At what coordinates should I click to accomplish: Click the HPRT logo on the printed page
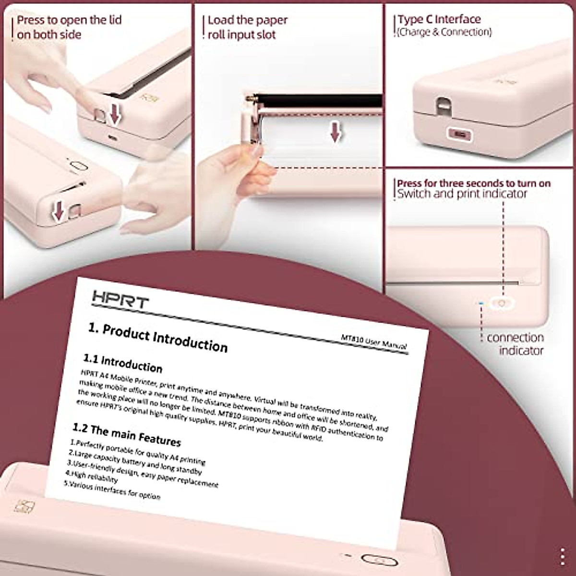(120, 299)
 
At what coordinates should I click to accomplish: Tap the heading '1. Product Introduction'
(158, 337)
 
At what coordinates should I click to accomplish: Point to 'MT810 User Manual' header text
(373, 342)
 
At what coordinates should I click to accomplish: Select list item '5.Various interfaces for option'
(112, 490)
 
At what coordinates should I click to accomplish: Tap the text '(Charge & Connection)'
(444, 32)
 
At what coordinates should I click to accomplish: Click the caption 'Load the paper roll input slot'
(247, 27)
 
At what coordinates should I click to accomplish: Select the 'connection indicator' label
(515, 344)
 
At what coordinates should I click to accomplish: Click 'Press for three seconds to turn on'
(474, 183)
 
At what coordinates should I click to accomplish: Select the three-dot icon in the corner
(563, 557)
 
